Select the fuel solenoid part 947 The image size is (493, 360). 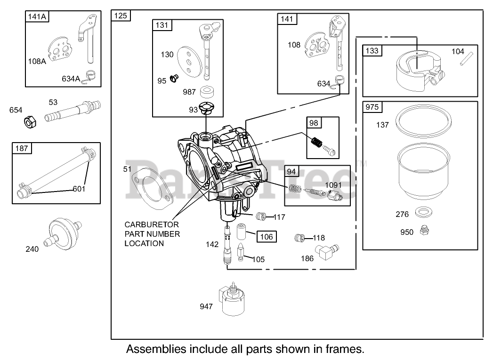[x=231, y=302]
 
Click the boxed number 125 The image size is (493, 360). [x=121, y=16]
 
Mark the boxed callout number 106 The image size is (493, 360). [x=267, y=237]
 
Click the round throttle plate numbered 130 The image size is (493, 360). [x=188, y=61]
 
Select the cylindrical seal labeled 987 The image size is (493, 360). [x=206, y=91]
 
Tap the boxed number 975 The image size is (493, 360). [x=372, y=107]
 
